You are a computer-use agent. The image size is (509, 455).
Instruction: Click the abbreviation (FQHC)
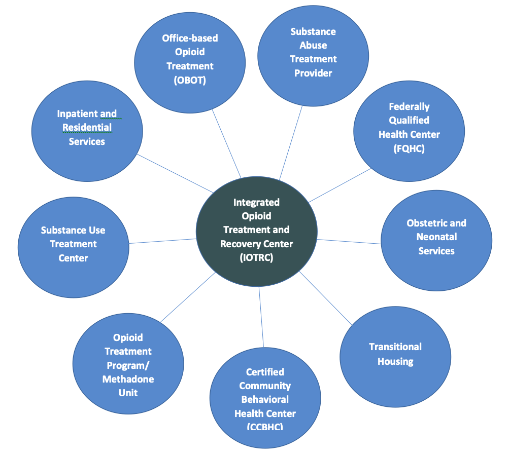coord(409,148)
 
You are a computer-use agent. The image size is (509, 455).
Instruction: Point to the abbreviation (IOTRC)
coord(256,257)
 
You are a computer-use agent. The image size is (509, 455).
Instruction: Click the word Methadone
coord(128,379)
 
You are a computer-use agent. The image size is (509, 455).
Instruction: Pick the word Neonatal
coord(436,237)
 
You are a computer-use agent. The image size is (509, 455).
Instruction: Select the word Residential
coord(87,128)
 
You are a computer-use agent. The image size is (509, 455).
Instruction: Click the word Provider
coord(313,73)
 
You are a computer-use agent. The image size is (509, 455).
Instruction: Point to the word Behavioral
coord(265,400)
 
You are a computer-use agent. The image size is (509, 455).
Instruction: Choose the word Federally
coord(409,107)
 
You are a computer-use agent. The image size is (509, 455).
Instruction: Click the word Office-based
coord(190,39)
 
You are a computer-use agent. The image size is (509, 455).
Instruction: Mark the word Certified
coord(265,372)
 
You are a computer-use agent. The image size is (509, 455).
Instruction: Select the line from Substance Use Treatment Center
coord(162,241)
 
